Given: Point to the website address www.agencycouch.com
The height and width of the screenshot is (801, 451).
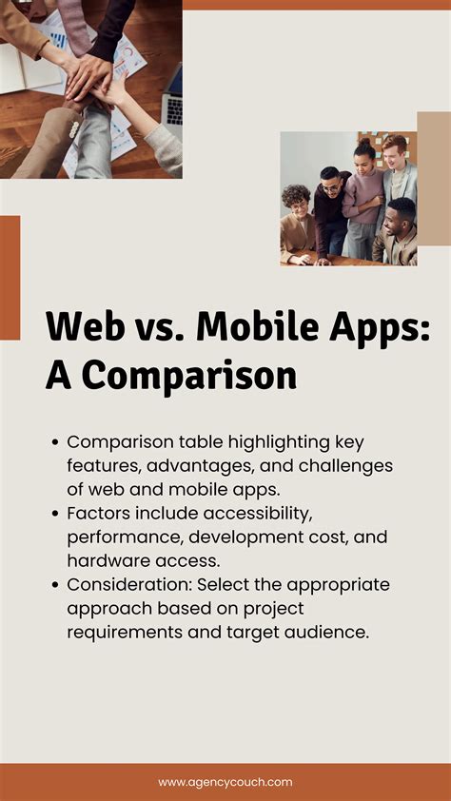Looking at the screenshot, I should [x=225, y=782].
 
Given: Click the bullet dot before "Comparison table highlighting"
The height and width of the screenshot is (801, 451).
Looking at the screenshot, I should [x=56, y=442].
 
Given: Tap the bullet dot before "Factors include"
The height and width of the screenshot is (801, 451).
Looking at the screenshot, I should [x=56, y=513].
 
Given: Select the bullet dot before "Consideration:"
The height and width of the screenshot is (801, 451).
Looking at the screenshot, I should [x=56, y=584].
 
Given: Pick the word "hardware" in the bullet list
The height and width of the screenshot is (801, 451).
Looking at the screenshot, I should [x=108, y=561].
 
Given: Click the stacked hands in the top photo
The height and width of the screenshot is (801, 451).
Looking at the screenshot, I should [x=90, y=76].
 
